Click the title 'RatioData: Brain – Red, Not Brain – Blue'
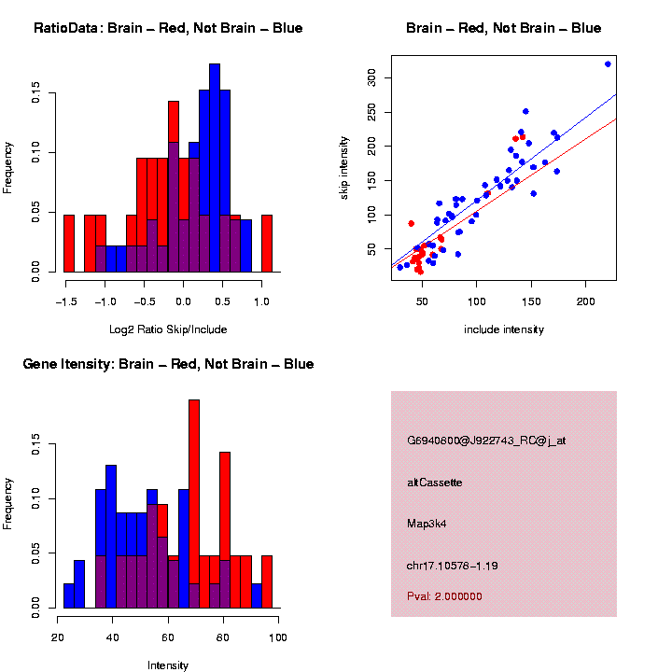click(x=168, y=28)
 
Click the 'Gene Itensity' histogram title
click(x=168, y=364)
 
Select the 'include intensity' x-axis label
click(x=504, y=329)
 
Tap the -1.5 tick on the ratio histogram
click(x=65, y=302)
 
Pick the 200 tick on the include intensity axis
click(x=586, y=301)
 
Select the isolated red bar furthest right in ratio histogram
click(x=267, y=244)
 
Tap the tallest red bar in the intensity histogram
click(x=194, y=504)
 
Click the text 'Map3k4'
click(x=426, y=524)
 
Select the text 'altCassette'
click(x=435, y=483)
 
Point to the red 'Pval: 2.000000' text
click(x=445, y=595)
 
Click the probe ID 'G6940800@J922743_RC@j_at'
click(x=486, y=441)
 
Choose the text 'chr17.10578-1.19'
click(x=453, y=565)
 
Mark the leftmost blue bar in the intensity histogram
click(x=69, y=595)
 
